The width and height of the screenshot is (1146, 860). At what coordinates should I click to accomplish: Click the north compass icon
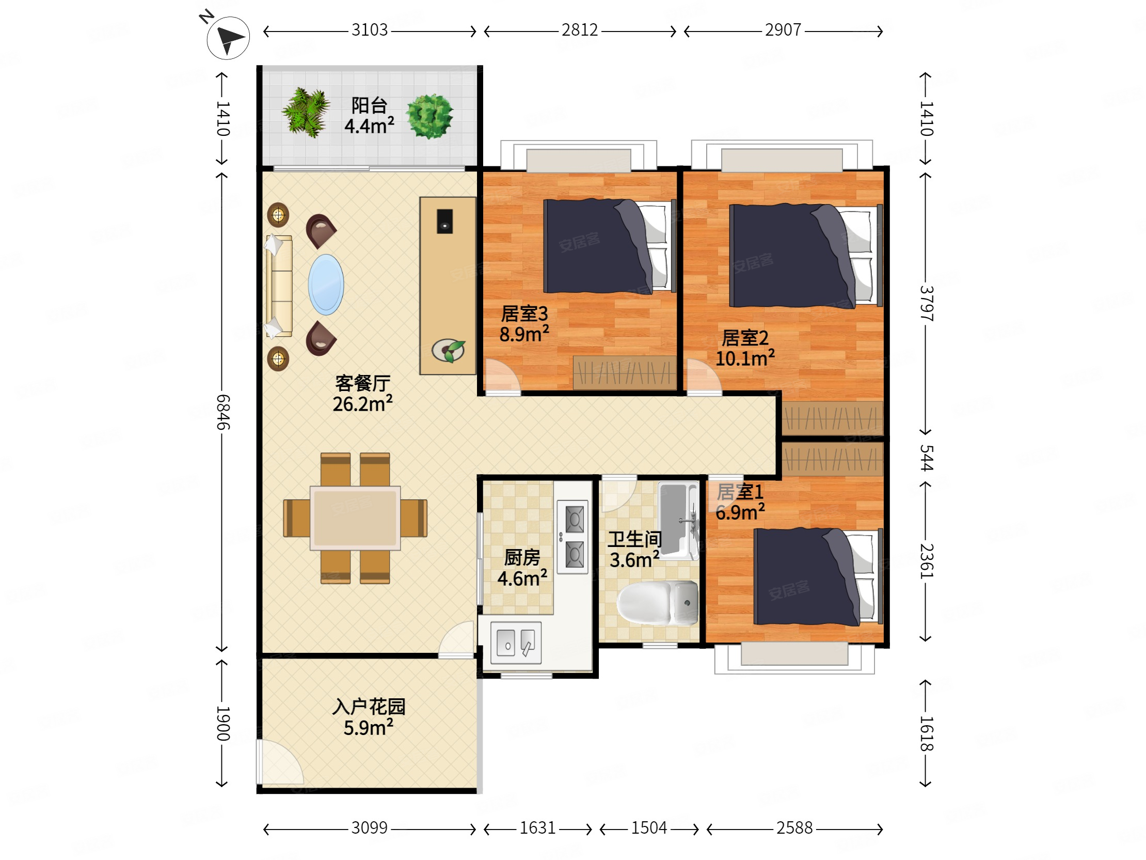pos(228,37)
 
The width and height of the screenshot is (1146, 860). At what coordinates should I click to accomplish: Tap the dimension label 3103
pos(370,30)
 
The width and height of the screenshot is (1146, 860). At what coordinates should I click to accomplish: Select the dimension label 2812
pos(580,30)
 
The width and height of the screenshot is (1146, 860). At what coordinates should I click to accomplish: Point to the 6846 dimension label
pos(223,412)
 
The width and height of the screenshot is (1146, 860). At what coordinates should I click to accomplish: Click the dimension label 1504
pos(649,828)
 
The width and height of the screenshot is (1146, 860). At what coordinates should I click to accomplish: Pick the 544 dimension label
pos(926,458)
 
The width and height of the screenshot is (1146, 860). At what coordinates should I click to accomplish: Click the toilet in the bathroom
pos(658,602)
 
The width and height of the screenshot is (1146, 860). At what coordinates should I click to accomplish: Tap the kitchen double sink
pos(516,643)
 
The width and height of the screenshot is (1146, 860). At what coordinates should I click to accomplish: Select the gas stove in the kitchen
pos(573,537)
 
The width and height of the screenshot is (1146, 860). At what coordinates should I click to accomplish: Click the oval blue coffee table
pos(326,285)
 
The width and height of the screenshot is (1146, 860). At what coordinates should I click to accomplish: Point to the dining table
pos(355,518)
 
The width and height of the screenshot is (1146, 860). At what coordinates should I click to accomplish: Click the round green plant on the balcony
pos(429,116)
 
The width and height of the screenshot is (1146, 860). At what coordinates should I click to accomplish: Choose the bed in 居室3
pos(610,246)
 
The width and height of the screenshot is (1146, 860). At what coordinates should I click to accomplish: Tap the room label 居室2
pos(745,338)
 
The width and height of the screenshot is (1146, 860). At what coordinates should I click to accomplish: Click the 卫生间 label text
pos(634,540)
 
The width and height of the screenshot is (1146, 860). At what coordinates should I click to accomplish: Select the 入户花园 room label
pos(369,707)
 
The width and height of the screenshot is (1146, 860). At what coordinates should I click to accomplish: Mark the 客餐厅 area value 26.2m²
pos(363,404)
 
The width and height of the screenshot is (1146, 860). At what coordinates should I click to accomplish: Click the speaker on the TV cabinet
pos(444,222)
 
